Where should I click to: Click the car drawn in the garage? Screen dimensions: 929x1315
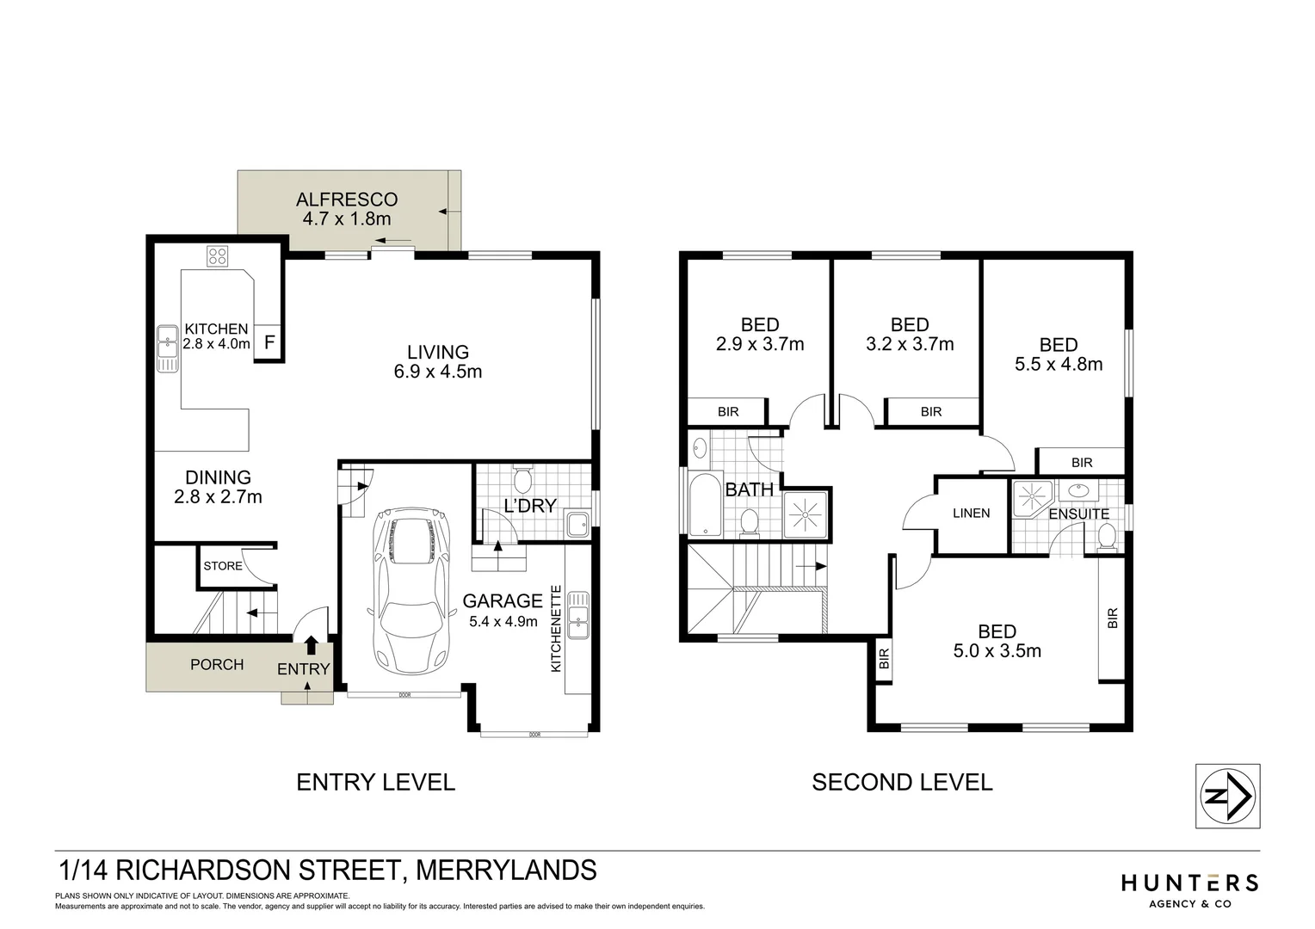411,594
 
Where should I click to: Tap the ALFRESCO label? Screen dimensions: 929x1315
347,200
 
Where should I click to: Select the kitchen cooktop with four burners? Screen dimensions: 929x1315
218,255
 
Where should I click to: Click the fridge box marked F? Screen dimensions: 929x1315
269,342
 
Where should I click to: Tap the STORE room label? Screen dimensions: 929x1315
223,566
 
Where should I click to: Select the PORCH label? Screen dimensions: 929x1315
217,664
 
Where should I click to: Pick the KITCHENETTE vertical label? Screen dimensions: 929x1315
556,629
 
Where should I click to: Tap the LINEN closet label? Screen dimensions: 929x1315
972,513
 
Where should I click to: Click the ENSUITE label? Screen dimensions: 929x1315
1078,514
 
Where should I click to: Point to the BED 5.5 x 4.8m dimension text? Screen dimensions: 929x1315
1059,364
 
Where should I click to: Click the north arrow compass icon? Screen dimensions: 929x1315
1228,796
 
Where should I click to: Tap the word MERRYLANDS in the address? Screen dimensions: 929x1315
506,870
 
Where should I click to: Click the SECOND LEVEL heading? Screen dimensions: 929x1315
902,782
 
